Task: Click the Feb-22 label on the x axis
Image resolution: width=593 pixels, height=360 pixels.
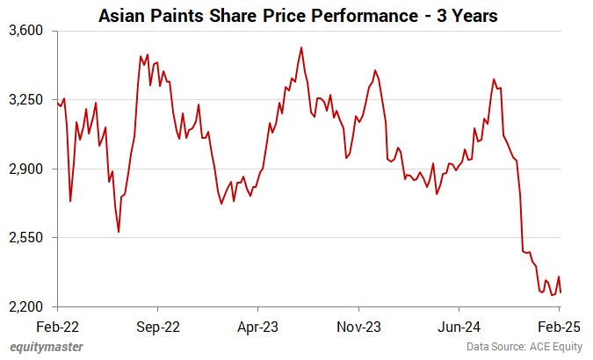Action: tap(58, 325)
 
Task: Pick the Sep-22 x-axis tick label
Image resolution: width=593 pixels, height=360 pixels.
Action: tap(158, 325)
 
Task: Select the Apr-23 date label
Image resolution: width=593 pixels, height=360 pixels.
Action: tap(258, 325)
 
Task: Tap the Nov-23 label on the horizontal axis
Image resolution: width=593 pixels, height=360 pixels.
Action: tap(359, 325)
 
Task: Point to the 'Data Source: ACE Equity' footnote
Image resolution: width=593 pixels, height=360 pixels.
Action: tap(524, 347)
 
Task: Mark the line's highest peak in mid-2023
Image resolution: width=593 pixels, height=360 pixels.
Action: tap(301, 47)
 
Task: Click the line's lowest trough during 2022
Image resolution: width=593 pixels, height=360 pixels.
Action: tap(119, 232)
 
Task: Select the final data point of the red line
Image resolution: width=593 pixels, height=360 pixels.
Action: tap(560, 292)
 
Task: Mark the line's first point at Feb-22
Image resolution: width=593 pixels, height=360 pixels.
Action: tap(58, 103)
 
